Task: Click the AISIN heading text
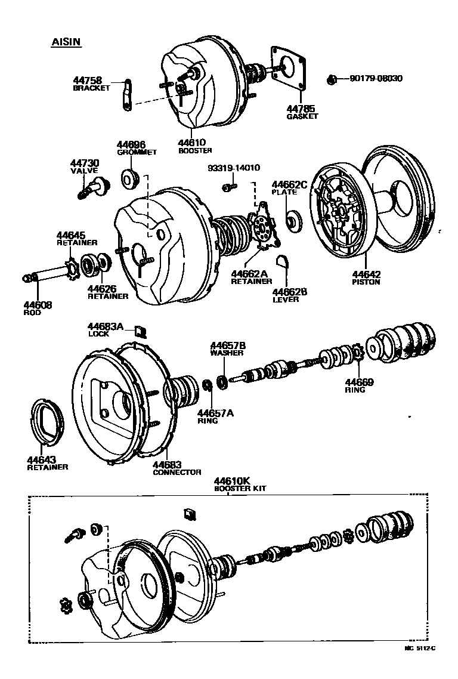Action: (x=66, y=42)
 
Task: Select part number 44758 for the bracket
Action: (x=88, y=80)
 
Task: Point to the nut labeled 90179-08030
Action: (x=333, y=79)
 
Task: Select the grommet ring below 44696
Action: (x=131, y=177)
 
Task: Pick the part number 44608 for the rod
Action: (x=37, y=305)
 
